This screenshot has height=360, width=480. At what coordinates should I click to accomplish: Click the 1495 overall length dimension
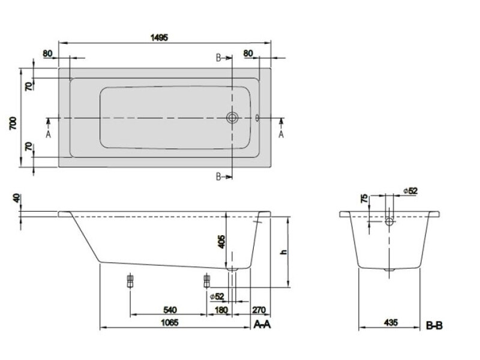(x=159, y=37)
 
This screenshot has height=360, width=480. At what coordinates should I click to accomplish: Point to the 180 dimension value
(x=222, y=310)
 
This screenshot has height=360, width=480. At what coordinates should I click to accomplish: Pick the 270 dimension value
(x=259, y=310)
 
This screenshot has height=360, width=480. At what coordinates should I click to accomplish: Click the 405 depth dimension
(x=221, y=242)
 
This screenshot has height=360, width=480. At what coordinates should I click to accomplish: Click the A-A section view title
(x=263, y=325)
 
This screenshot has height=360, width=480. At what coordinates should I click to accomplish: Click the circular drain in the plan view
(x=232, y=118)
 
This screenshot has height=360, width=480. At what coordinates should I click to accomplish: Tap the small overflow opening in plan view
(x=257, y=118)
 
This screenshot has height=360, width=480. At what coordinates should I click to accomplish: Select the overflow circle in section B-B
(x=389, y=222)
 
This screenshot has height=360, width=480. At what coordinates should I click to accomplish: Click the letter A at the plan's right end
(x=281, y=133)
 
